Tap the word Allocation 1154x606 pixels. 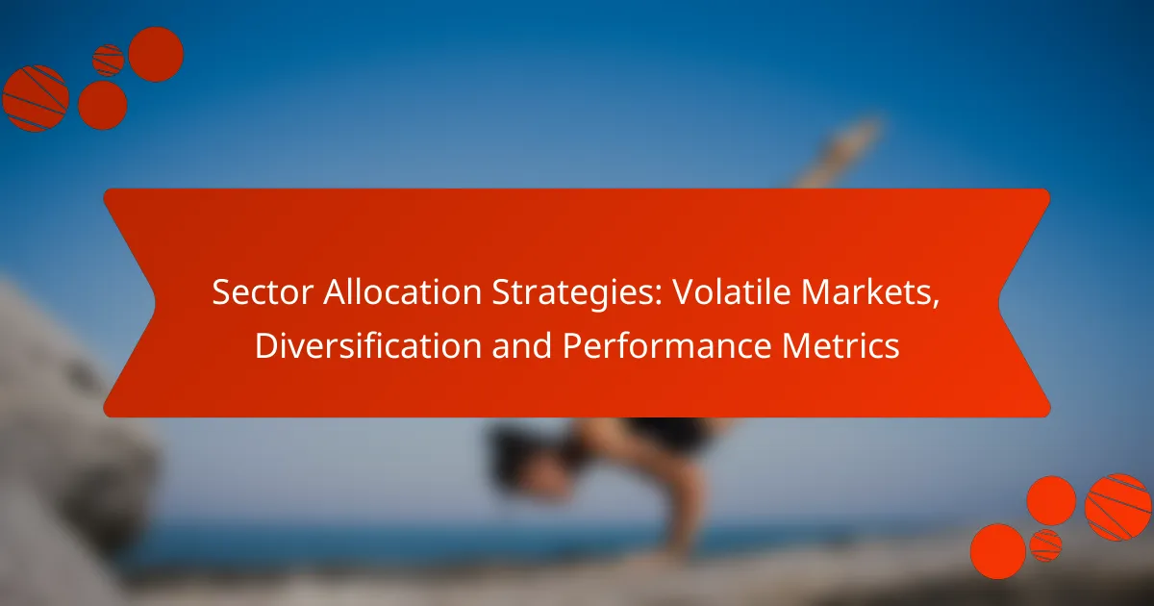366,294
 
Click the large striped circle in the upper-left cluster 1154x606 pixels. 36,98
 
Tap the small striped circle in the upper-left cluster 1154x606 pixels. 108,60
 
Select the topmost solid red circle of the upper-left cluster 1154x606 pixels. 155,54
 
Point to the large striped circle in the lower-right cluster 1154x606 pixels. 1118,507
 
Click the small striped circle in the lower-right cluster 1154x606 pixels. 1045,544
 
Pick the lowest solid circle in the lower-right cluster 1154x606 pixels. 997,550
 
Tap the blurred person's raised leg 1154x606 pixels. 841,154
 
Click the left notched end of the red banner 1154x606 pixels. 130,303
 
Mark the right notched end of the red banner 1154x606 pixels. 1024,303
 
